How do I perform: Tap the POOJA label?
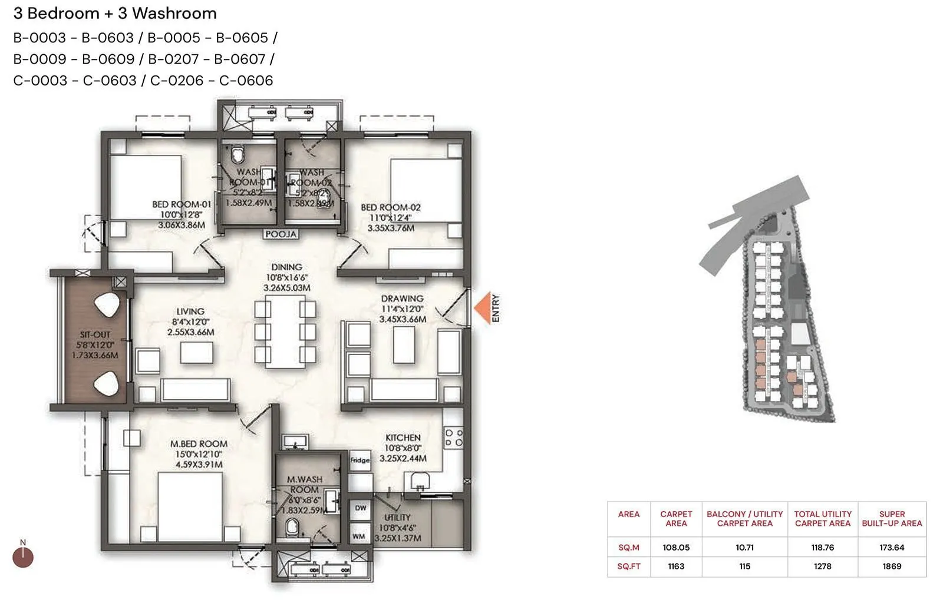click(x=281, y=234)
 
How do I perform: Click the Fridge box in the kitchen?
click(x=360, y=460)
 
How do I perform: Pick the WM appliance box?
click(x=359, y=536)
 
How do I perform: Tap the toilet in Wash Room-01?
click(x=238, y=155)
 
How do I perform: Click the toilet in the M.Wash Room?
click(x=292, y=527)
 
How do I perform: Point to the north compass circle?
click(x=23, y=557)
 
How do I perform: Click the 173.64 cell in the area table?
click(x=892, y=548)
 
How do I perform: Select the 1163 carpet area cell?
click(x=676, y=566)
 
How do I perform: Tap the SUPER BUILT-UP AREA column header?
click(x=892, y=519)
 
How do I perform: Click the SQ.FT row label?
click(x=628, y=566)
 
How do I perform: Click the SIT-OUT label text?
click(x=95, y=334)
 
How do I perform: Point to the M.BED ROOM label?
click(x=199, y=444)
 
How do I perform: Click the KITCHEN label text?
click(x=403, y=437)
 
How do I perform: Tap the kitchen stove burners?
click(x=453, y=437)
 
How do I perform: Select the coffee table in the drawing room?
click(x=404, y=344)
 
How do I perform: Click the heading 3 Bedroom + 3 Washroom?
click(x=115, y=13)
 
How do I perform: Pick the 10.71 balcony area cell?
click(x=744, y=548)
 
